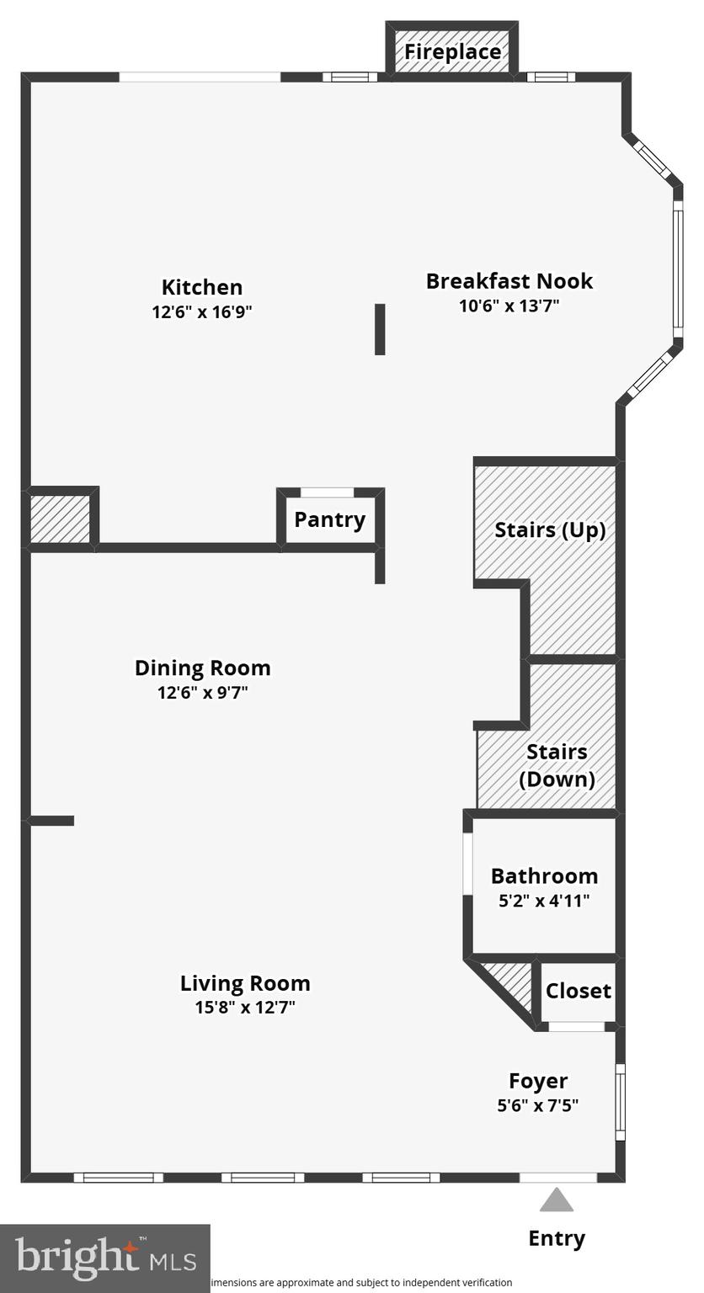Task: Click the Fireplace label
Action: click(x=452, y=51)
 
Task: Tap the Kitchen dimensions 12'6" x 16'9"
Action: click(x=202, y=311)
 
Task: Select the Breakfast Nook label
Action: click(x=509, y=281)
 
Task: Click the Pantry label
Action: click(x=329, y=519)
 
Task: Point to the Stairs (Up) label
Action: click(x=550, y=530)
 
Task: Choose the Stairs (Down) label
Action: click(x=557, y=765)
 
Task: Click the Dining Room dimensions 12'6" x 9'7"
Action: click(x=202, y=693)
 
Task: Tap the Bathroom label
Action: click(x=544, y=876)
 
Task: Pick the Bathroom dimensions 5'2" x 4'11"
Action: click(x=544, y=901)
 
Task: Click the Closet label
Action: click(x=578, y=991)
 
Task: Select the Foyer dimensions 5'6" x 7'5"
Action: click(x=537, y=1104)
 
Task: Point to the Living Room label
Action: click(x=245, y=983)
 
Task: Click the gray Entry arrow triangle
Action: click(x=556, y=1200)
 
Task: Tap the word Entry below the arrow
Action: click(x=556, y=1238)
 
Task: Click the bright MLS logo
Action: click(x=105, y=1258)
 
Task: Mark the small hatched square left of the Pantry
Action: click(x=60, y=519)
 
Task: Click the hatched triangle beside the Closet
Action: click(x=515, y=985)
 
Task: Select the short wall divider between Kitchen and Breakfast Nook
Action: click(x=380, y=329)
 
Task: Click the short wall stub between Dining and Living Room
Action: click(x=52, y=820)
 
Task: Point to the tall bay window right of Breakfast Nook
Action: click(x=678, y=268)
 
